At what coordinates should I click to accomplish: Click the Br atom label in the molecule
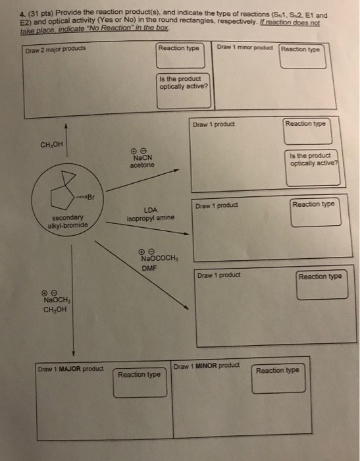[x=91, y=197]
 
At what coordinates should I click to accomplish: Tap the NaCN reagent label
[x=143, y=157]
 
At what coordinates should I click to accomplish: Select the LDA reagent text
[x=151, y=210]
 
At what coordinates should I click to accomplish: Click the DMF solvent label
[x=149, y=268]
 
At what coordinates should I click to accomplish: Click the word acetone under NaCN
[x=142, y=165]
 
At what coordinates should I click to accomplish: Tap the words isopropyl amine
[x=151, y=218]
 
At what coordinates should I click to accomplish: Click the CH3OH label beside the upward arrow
[x=51, y=144]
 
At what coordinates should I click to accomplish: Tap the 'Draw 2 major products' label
[x=55, y=49]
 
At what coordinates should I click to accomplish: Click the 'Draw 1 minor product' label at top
[x=245, y=47]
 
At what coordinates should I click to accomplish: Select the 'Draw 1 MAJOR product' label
[x=70, y=369]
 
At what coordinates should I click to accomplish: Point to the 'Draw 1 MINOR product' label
[x=207, y=366]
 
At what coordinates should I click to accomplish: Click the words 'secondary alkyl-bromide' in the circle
[x=68, y=221]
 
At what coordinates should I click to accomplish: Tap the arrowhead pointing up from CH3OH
[x=66, y=126]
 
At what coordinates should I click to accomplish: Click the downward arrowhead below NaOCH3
[x=74, y=353]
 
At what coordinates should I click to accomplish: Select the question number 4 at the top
[x=22, y=14]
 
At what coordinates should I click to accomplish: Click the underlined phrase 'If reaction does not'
[x=290, y=23]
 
